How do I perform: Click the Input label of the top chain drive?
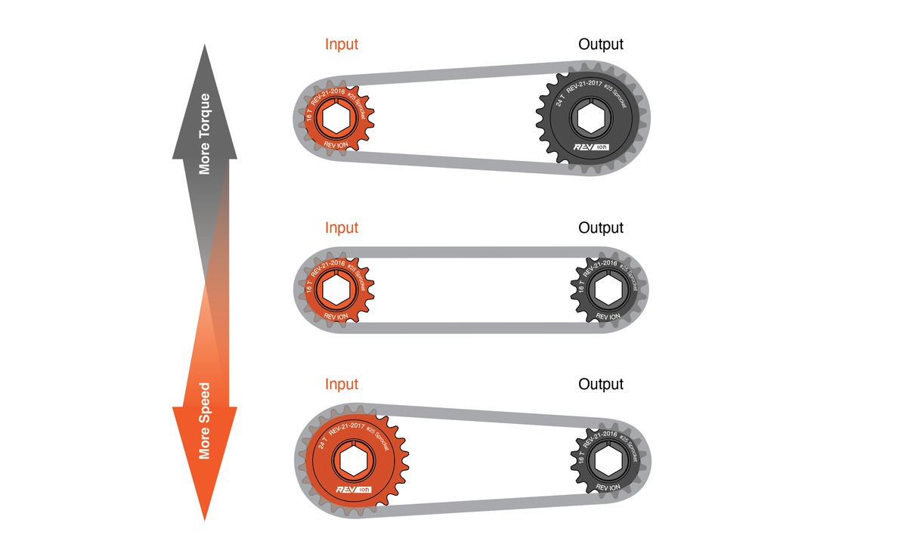point(342,44)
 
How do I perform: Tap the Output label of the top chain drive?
point(601,44)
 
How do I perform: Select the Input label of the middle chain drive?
point(342,227)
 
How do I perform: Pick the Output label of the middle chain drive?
point(601,227)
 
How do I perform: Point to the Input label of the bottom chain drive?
point(342,384)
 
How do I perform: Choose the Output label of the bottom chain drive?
point(601,384)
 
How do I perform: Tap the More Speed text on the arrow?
point(205,420)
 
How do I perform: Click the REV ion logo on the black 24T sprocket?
point(593,147)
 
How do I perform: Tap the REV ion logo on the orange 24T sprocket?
point(354,490)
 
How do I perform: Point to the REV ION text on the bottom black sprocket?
point(608,487)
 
